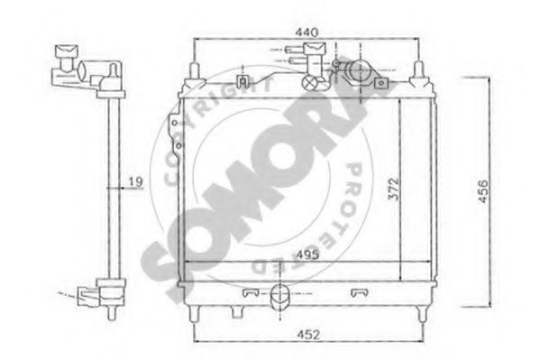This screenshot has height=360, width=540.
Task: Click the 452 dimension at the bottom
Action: (308, 337)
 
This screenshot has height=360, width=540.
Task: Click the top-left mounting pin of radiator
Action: (195, 69)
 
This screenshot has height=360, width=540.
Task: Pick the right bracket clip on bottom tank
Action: (358, 291)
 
